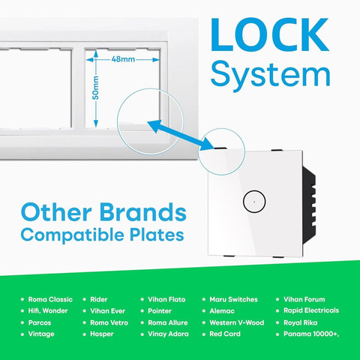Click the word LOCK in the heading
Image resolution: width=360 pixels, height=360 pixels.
click(269, 34)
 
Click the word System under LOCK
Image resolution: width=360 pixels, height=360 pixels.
click(271, 75)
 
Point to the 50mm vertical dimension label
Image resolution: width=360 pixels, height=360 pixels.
click(95, 88)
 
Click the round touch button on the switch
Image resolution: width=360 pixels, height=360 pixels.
click(254, 202)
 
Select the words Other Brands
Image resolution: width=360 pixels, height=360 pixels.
click(103, 212)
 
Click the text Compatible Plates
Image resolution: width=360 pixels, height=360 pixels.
click(102, 235)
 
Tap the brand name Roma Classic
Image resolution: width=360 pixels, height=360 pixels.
click(50, 299)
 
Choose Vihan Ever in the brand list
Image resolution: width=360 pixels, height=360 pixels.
click(107, 310)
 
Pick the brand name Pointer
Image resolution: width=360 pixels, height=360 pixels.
click(160, 310)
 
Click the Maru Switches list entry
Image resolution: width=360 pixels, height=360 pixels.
click(233, 299)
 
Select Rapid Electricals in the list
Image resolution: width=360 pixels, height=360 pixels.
click(311, 310)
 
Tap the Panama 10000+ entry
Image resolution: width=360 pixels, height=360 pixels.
click(311, 334)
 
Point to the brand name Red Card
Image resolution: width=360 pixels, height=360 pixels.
click(225, 334)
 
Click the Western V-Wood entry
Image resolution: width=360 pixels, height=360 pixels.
click(237, 322)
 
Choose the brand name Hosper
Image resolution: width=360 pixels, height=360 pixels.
click(102, 334)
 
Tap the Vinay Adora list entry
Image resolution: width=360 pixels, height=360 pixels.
click(168, 334)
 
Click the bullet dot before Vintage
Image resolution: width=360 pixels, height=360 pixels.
click(22, 334)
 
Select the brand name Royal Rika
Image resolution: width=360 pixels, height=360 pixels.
click(301, 322)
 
